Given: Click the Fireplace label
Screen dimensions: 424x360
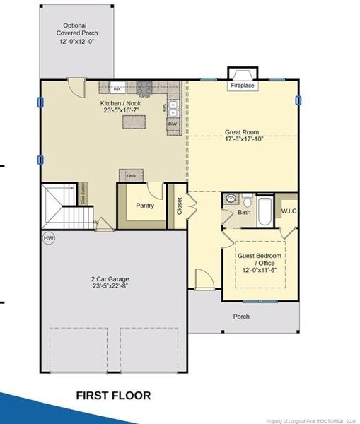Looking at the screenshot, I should (243, 86).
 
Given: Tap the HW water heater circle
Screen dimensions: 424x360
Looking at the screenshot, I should (49, 239).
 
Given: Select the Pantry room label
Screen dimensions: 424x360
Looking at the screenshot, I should (145, 206).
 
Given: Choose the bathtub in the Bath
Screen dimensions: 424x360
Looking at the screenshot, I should (265, 211).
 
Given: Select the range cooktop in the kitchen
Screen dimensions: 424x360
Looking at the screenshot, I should (144, 88).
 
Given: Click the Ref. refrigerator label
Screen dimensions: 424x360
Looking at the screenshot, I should (117, 89).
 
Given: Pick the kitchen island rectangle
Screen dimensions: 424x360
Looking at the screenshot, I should (134, 122).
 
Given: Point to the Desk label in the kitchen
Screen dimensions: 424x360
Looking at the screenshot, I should (132, 175).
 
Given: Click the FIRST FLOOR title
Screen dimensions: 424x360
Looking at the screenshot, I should (113, 396).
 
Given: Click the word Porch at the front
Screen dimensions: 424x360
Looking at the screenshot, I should (241, 316).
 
